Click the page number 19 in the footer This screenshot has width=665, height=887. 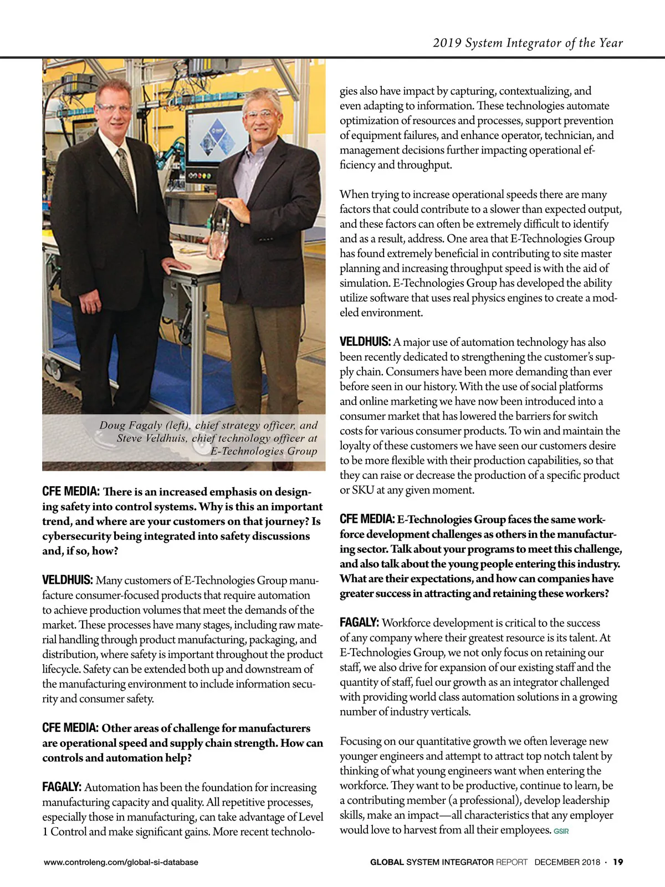point(618,862)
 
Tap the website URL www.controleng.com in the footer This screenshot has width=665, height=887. point(121,862)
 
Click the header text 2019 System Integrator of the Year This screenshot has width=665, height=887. point(528,43)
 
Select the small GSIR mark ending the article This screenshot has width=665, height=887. point(561,831)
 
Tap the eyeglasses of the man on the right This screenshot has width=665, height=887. point(260,115)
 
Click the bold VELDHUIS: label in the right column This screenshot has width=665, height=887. point(365,342)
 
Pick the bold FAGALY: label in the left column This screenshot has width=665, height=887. point(62,787)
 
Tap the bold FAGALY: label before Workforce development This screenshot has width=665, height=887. point(359,623)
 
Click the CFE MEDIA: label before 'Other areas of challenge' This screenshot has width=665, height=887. point(70,728)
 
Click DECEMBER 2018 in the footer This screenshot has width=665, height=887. point(567,862)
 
